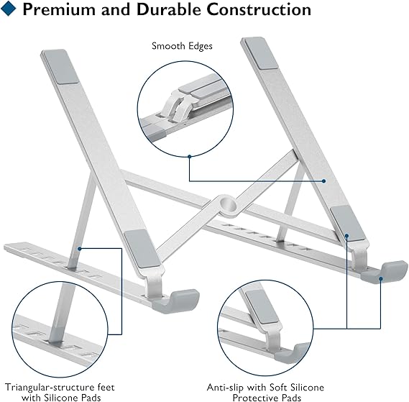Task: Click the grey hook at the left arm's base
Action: [185, 297]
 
